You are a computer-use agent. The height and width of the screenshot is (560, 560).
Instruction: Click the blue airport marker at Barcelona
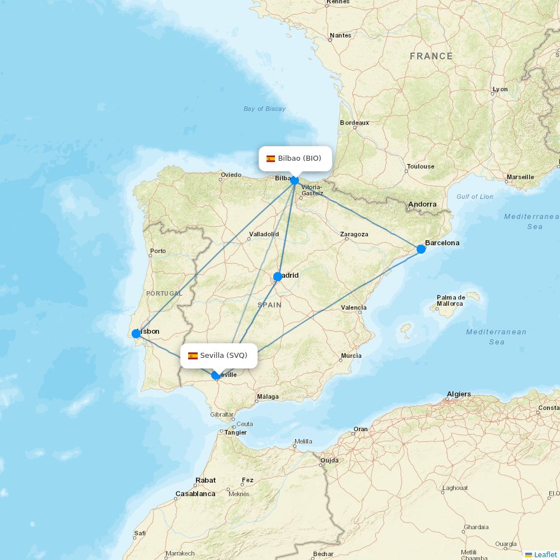421,249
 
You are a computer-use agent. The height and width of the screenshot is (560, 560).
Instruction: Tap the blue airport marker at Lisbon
136,334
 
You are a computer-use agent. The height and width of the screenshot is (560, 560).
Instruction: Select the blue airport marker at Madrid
278,277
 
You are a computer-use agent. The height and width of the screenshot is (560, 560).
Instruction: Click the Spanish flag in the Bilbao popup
271,158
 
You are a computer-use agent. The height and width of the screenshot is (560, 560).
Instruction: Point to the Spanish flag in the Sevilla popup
193,356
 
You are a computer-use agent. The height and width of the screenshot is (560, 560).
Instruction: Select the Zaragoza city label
354,234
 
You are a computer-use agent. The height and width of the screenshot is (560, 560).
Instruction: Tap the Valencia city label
354,307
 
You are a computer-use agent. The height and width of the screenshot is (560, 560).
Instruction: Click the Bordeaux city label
354,123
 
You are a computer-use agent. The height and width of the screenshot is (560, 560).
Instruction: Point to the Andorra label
422,204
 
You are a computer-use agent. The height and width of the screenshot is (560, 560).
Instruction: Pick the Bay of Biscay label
264,109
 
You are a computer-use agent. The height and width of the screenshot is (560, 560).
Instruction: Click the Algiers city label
459,394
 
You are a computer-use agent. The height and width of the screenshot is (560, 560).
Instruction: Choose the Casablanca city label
195,494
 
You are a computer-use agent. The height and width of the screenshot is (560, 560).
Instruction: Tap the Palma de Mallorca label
451,301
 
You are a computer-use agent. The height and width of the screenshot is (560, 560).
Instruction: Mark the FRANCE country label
431,56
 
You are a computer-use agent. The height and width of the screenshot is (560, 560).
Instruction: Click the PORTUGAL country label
164,293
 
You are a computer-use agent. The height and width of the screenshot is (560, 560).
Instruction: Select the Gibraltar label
222,414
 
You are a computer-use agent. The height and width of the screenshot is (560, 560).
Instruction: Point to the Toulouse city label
421,166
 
